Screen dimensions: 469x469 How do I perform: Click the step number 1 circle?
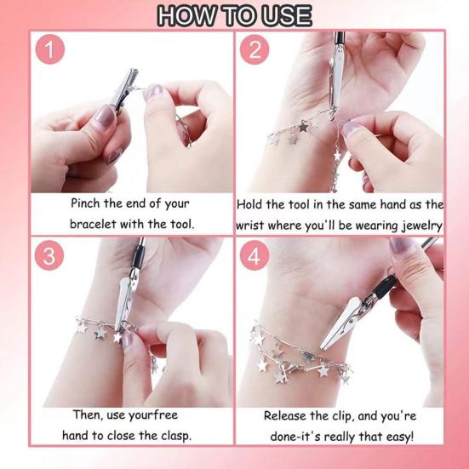[54, 50]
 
